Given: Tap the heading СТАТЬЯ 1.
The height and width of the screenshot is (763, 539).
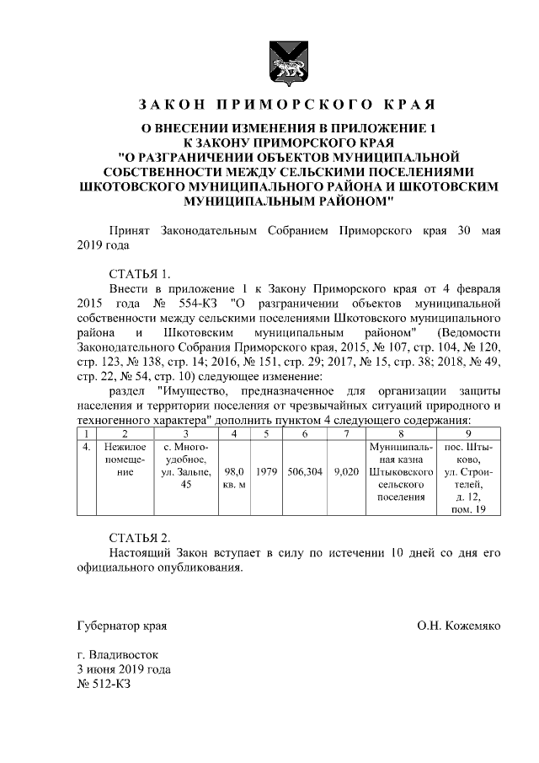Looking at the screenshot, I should click(x=140, y=273).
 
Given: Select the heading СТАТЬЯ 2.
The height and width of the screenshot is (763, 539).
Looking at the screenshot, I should click(x=140, y=537).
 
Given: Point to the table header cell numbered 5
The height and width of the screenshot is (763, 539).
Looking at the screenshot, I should click(x=265, y=433).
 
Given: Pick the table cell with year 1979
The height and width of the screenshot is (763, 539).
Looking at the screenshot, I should click(x=265, y=472).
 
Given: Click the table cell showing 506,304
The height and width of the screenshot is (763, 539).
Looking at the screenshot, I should click(x=304, y=472).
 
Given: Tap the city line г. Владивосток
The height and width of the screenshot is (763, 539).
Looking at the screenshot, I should click(x=116, y=654).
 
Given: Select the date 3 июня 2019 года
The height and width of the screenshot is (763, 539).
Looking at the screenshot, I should click(x=124, y=669).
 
